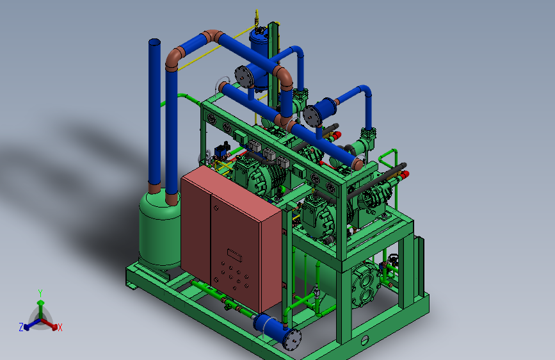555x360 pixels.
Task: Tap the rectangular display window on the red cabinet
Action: pos(234,255)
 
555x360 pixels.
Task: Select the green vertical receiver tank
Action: pos(160,231)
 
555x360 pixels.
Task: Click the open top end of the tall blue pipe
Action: pos(155,42)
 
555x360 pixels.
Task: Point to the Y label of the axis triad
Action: pos(40,293)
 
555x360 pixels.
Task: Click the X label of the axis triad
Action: pos(60,327)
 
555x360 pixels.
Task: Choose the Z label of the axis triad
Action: pos(21,327)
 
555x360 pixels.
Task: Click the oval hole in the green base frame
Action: pos(365,340)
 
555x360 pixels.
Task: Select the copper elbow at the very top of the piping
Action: pos(212,35)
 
